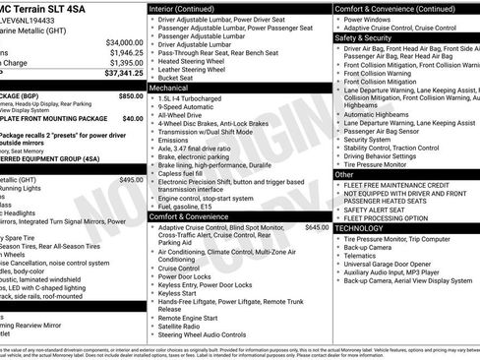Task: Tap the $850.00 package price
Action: (130, 96)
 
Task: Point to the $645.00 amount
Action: (317, 227)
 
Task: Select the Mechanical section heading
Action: (168, 88)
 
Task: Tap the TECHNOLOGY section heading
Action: (360, 227)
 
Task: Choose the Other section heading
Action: (345, 174)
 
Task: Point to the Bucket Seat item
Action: (180, 77)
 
